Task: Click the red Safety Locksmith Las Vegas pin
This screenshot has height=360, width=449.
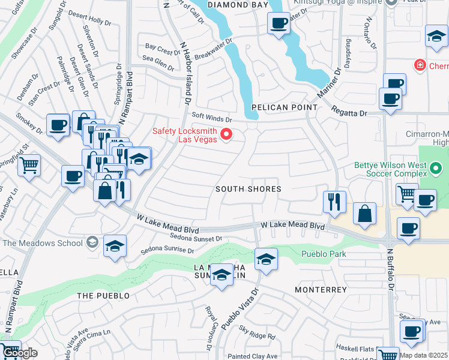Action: (226, 134)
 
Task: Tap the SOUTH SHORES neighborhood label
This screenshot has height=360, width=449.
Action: (249, 189)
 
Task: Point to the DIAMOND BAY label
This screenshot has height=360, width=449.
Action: (238, 5)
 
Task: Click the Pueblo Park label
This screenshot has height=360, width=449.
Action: (324, 254)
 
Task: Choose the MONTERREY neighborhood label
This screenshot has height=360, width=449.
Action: (321, 290)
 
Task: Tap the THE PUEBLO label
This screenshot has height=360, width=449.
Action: (103, 296)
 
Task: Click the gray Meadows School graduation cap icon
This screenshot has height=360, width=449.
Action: (92, 242)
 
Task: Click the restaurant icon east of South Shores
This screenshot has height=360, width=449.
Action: (334, 201)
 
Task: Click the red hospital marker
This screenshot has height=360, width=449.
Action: (420, 65)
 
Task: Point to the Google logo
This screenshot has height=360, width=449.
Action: (19, 353)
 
